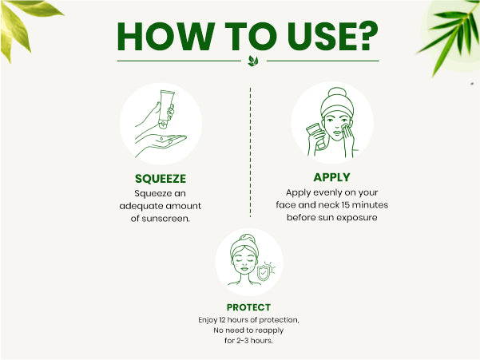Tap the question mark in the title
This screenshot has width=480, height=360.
coord(367,36)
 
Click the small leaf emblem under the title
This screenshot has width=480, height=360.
coord(253,61)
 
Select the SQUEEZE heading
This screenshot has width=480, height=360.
coord(161,179)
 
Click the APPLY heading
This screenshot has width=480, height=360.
coord(331,177)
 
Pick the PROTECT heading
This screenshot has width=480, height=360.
coord(248,307)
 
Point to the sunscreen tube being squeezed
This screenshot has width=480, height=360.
coord(166,109)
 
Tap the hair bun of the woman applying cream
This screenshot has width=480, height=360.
coord(337,93)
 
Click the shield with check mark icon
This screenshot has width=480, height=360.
coord(263,272)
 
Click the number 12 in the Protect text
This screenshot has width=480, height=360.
coord(222,320)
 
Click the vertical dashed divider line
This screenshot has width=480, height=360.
coord(251,152)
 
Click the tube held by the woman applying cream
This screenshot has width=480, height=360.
coord(316,136)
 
